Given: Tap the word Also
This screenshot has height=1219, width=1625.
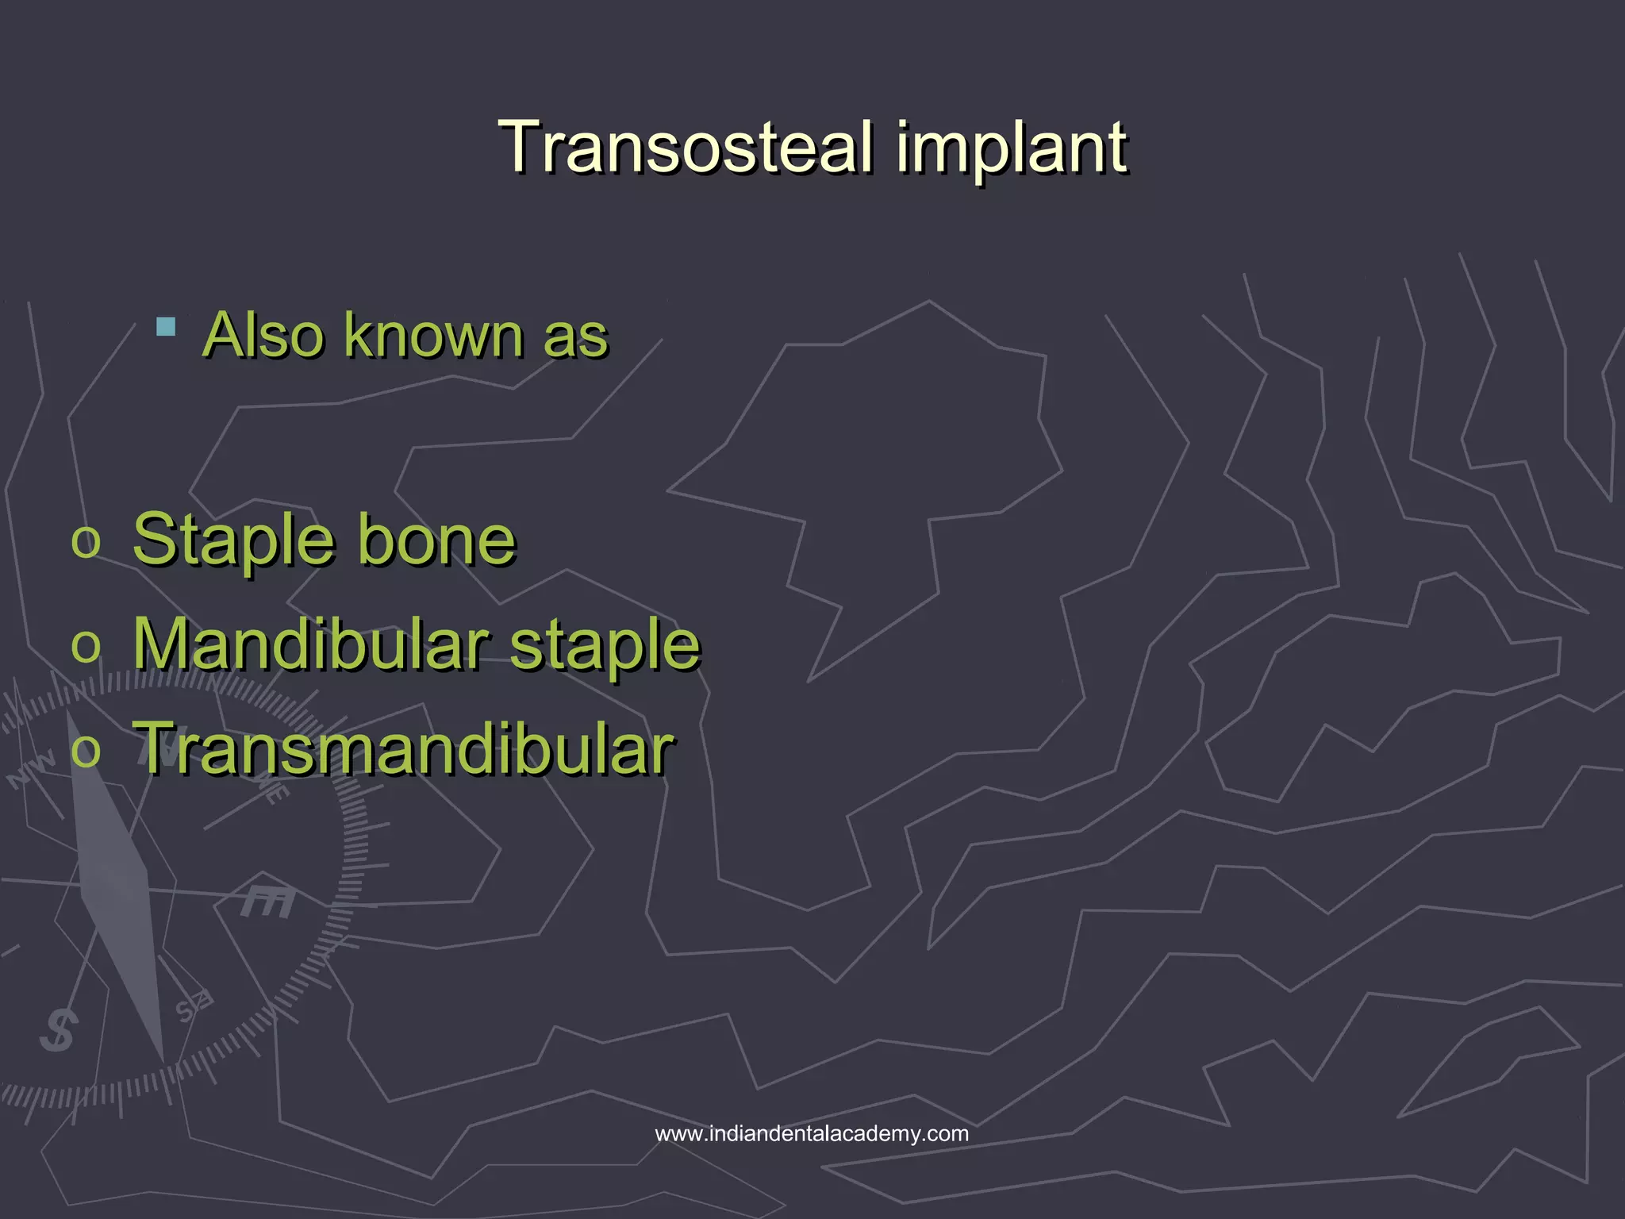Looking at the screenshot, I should (x=263, y=335).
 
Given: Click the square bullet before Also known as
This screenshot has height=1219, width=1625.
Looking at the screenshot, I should (x=166, y=327).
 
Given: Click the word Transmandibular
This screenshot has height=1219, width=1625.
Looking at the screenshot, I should (x=403, y=748).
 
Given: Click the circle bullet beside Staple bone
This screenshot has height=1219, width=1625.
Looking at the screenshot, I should (x=86, y=543).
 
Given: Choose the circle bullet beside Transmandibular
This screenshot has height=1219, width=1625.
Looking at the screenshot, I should (x=86, y=751).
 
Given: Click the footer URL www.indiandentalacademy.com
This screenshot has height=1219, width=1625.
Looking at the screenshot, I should (x=812, y=1133).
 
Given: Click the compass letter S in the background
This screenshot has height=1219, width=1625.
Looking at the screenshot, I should (x=59, y=1031).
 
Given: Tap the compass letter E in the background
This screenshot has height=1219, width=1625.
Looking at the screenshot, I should (x=268, y=901).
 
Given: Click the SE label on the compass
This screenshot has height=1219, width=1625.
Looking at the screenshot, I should (x=193, y=1007).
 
